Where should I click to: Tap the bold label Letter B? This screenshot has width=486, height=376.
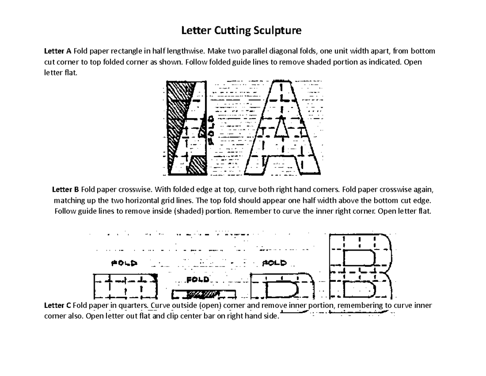pos(66,190)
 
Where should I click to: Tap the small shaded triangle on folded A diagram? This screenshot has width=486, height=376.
pos(202,131)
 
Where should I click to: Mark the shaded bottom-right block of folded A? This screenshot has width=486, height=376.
pos(197,165)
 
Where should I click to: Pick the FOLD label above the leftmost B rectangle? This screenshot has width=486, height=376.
pos(124,263)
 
